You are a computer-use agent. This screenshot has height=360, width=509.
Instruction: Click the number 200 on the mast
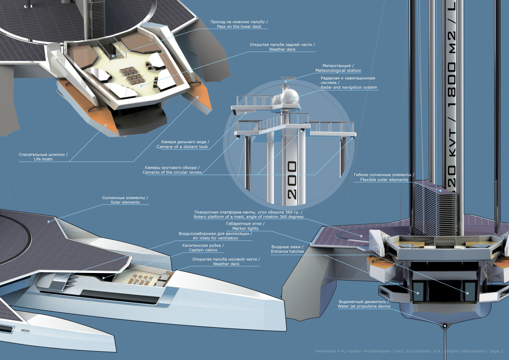click(292, 180)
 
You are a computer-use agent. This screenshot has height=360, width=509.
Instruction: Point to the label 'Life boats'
click(43, 159)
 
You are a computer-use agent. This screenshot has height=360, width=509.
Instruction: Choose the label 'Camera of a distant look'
click(182, 147)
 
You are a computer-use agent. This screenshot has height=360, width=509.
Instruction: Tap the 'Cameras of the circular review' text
click(172, 173)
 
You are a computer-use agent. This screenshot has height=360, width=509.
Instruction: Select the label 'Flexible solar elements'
click(384, 180)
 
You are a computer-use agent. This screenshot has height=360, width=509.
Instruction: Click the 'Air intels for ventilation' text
click(215, 238)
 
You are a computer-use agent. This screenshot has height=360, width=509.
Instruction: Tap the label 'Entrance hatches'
click(288, 252)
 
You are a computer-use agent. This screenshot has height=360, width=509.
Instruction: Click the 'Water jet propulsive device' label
click(364, 307)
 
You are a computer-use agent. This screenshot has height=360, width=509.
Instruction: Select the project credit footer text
click(406, 351)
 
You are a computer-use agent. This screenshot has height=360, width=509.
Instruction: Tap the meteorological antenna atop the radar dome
click(286, 82)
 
